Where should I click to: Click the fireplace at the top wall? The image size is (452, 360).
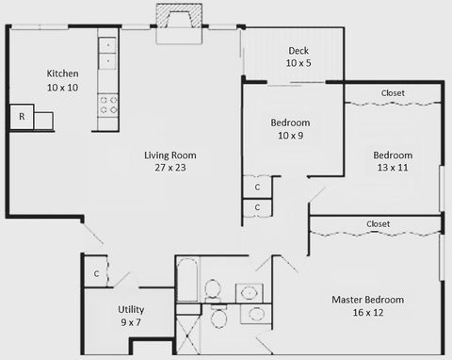[178, 18]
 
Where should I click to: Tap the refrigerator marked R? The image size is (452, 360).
[21, 117]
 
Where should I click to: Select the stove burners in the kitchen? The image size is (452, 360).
[109, 104]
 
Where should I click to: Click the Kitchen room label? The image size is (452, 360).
[63, 74]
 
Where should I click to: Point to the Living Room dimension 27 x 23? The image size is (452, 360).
[170, 168]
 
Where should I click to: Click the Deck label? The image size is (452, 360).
[299, 50]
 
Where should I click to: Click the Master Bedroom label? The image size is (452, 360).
[367, 300]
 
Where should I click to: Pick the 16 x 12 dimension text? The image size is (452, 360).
[367, 313]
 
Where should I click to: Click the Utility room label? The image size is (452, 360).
[131, 309]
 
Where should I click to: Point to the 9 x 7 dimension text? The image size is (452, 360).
[131, 322]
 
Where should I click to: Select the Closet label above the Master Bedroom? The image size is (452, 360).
[378, 224]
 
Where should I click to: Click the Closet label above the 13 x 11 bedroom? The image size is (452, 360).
[393, 93]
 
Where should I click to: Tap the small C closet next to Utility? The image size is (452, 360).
[96, 274]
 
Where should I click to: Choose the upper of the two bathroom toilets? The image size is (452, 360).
[216, 290]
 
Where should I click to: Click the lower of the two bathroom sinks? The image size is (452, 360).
[254, 314]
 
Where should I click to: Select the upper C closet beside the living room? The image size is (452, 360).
[257, 187]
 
